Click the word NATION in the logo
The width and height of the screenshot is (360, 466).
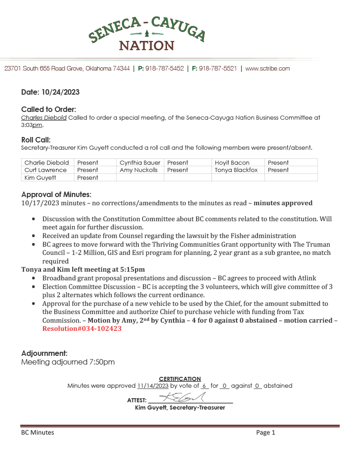147,46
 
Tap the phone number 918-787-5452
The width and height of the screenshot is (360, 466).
164,69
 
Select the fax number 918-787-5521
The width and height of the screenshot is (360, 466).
218,69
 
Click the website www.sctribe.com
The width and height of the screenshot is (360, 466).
268,69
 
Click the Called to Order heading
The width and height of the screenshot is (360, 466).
49,109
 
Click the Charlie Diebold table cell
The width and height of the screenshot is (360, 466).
47,162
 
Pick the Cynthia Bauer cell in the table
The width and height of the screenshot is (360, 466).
140,162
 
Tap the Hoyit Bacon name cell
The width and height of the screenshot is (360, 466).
232,162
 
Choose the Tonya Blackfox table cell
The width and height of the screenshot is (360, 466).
236,170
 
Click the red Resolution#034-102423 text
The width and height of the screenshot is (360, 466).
82,328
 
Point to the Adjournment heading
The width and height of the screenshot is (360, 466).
45,353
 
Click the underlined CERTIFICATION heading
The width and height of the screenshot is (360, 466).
180,379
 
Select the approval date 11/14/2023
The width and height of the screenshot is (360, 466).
153,385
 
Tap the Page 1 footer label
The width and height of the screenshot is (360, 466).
265,433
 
